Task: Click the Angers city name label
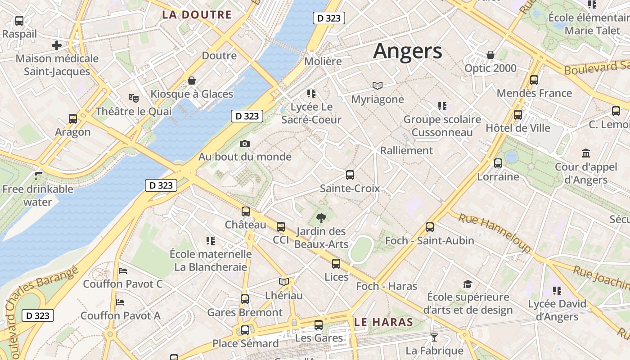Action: point(407,51)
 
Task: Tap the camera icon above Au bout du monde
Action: point(245,144)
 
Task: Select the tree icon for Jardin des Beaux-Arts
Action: point(321,219)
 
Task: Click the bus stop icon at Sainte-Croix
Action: point(350,175)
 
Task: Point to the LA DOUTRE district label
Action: point(197,15)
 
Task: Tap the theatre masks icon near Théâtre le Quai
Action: point(133,97)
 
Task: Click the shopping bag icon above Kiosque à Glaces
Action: point(192,81)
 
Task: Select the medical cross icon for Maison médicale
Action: point(56,45)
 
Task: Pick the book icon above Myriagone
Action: point(377,85)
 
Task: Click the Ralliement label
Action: point(406,150)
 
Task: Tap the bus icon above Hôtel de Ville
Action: point(518,115)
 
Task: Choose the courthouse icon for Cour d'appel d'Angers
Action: point(586,153)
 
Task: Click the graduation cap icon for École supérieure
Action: point(468,284)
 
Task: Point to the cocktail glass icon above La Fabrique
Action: point(434,337)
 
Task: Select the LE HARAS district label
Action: point(383,322)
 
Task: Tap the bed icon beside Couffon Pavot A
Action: point(120,302)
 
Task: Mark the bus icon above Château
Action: point(246,211)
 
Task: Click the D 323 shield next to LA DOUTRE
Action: point(328,18)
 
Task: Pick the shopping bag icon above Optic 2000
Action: point(490,55)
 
